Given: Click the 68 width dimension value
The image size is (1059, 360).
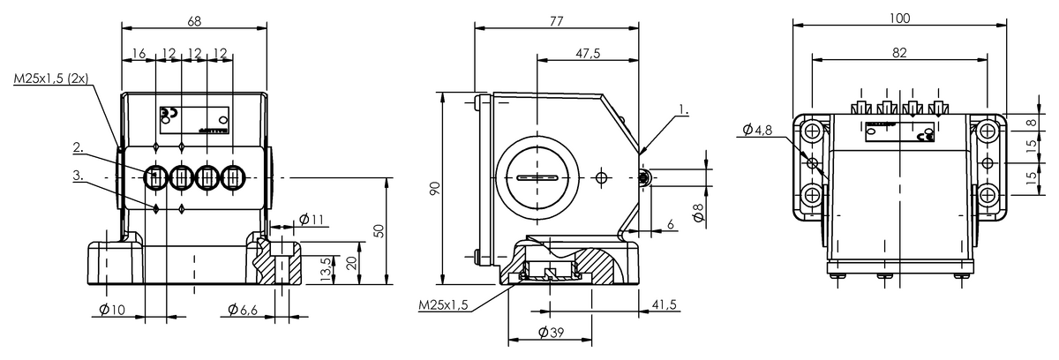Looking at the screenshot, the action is tap(194, 21).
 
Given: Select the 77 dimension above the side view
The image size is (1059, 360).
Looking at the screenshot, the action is tap(557, 21).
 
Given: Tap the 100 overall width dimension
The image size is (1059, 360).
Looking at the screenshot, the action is tap(899, 18).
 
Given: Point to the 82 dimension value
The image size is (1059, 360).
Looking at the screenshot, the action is tap(899, 52).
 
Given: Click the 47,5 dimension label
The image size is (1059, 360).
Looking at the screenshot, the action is tap(588, 54).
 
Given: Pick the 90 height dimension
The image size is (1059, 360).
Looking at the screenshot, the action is tap(435, 188).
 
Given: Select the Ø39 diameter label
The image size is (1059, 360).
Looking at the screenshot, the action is tap(552, 333).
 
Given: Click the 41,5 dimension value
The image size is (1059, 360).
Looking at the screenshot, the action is tap(665, 304).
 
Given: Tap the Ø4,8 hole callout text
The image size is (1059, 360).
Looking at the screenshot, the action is tap(757, 130).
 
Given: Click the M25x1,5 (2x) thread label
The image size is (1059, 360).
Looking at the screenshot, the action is tap(51, 79).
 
